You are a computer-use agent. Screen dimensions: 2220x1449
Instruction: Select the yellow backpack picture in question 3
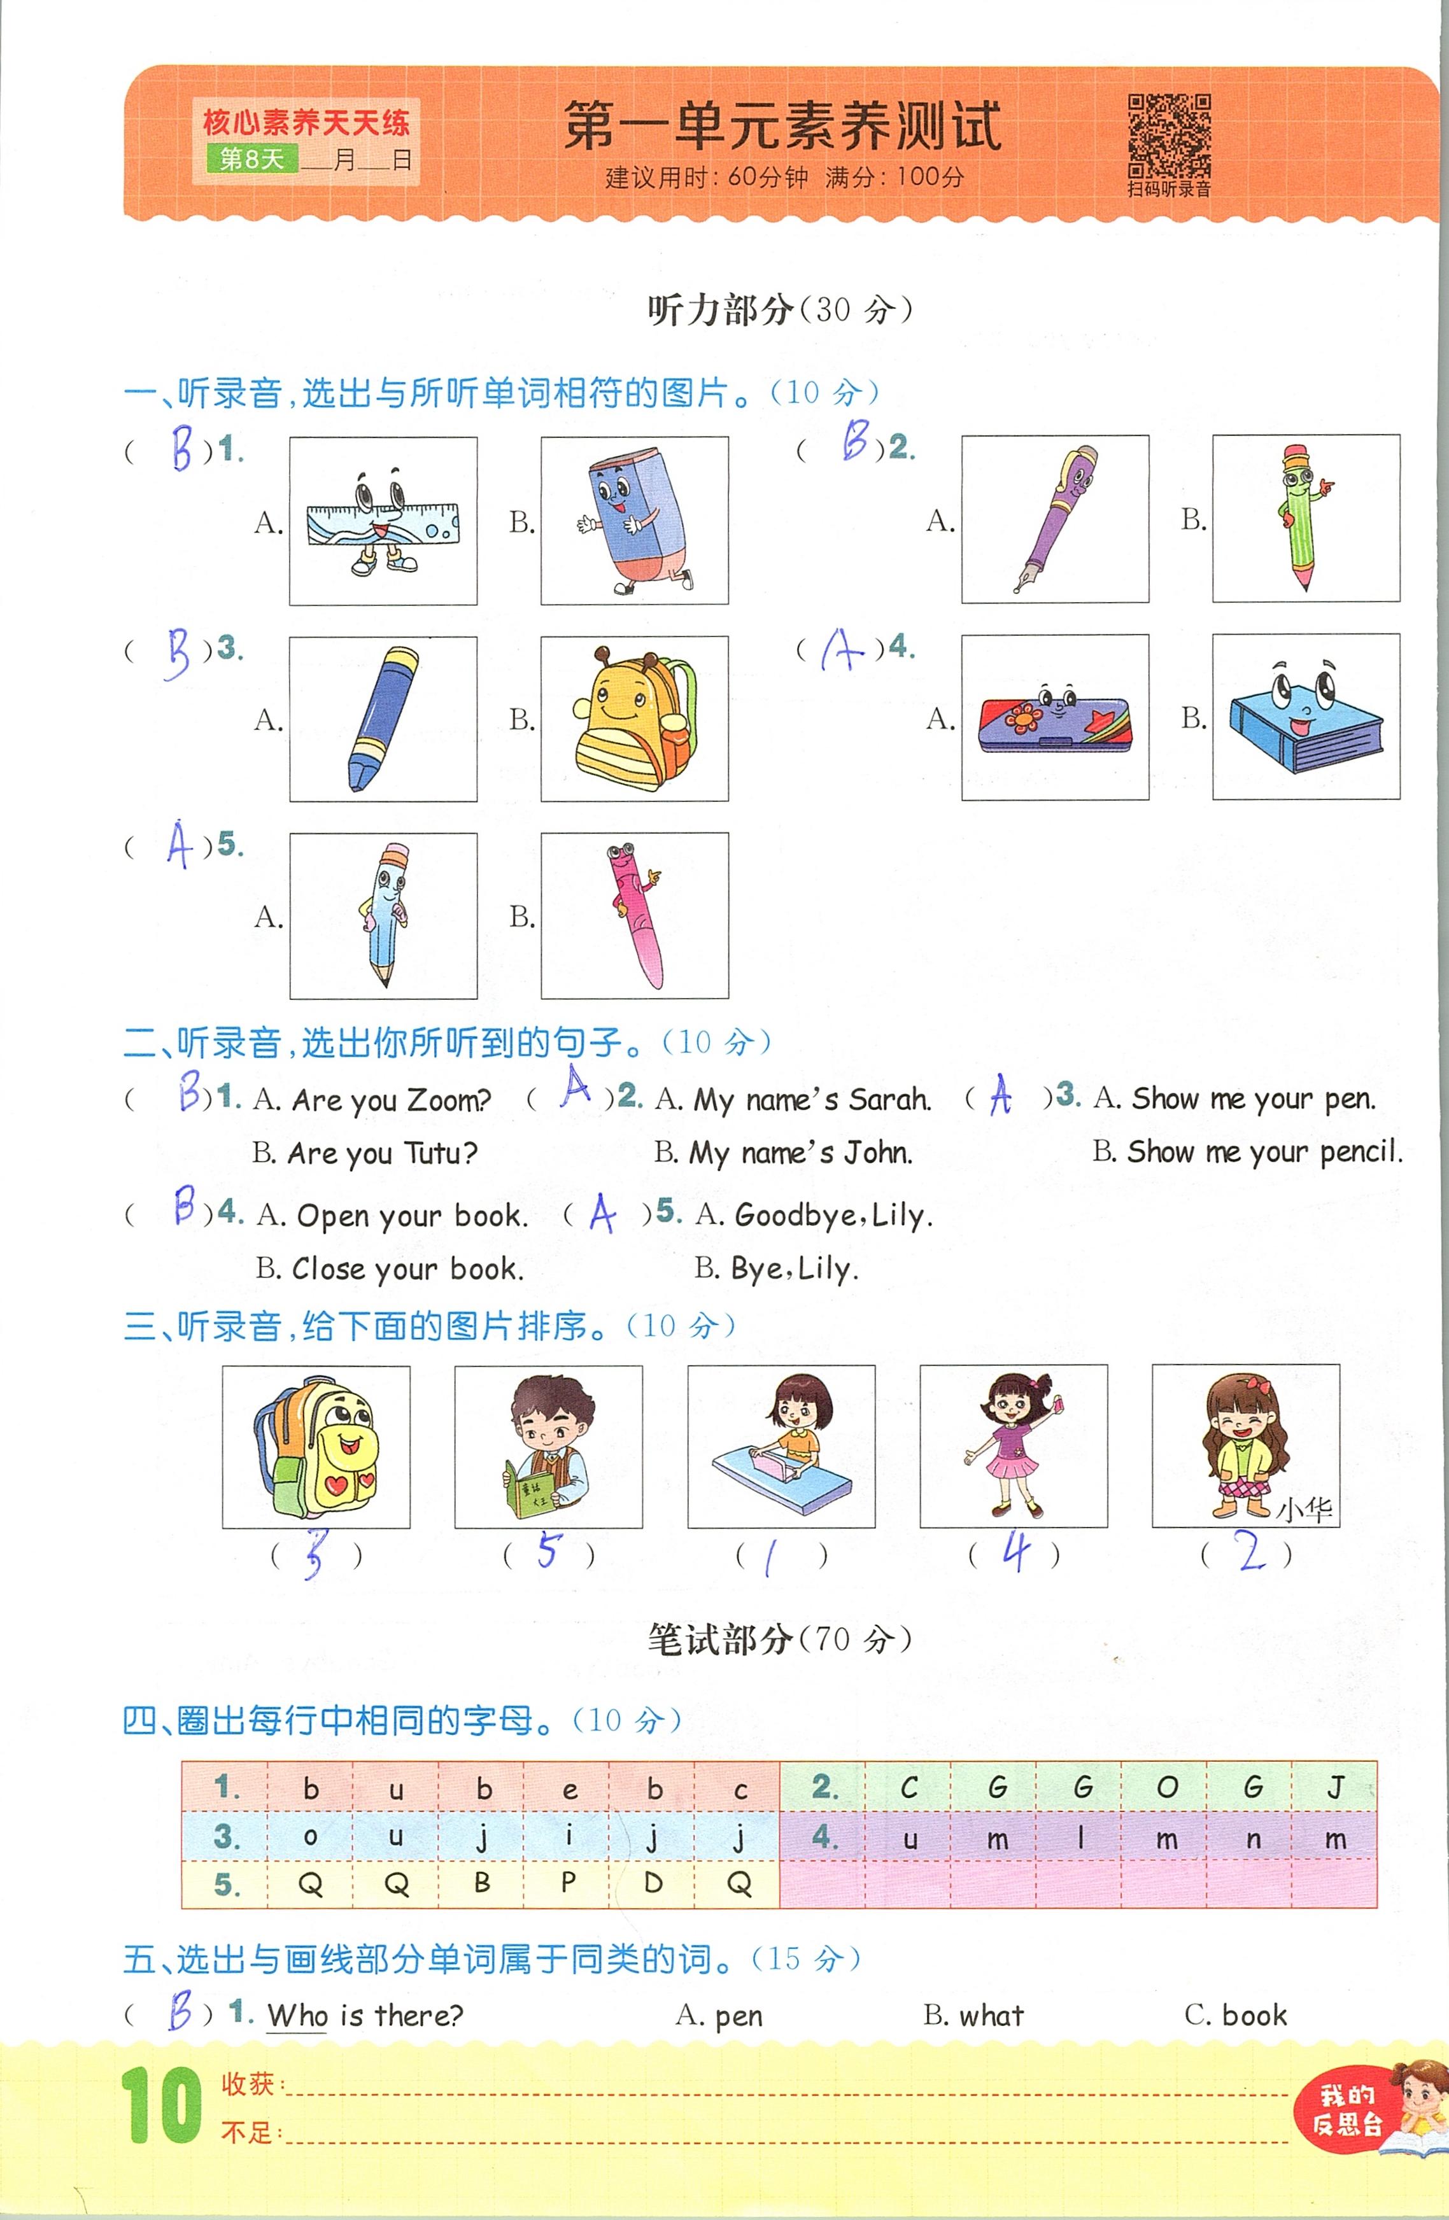(x=635, y=718)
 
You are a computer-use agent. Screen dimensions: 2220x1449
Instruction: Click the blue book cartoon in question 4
(x=1304, y=717)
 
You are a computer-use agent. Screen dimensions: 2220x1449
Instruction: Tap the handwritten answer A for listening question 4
(x=842, y=649)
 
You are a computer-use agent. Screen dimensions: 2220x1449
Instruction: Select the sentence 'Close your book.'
(x=407, y=1268)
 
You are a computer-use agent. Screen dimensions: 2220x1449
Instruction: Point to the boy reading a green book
(x=549, y=1447)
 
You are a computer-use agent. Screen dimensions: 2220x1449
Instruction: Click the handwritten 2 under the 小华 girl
(x=1250, y=1550)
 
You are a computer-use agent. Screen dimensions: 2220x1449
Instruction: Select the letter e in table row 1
(x=569, y=1789)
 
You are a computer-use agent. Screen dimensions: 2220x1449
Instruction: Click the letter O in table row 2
(x=1166, y=1787)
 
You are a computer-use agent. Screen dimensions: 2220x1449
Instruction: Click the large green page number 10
(x=160, y=2105)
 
